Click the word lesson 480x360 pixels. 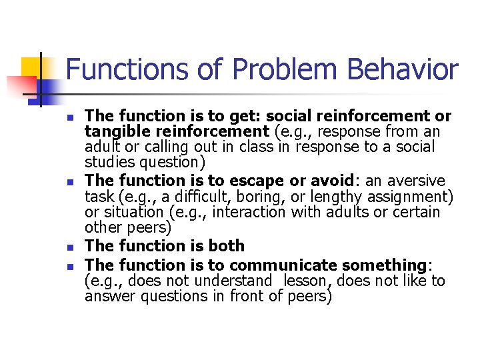click(x=304, y=281)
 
